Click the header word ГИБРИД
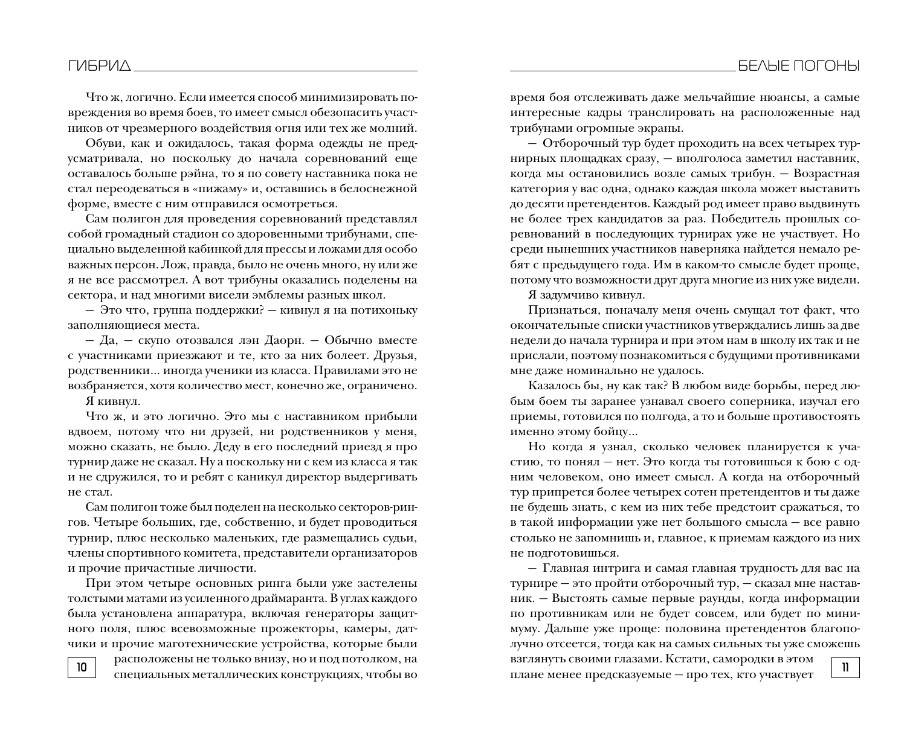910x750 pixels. pos(99,66)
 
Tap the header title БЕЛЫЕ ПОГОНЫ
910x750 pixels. pos(798,66)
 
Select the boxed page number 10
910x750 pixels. pos(82,668)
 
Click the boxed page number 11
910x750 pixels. pos(845,668)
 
